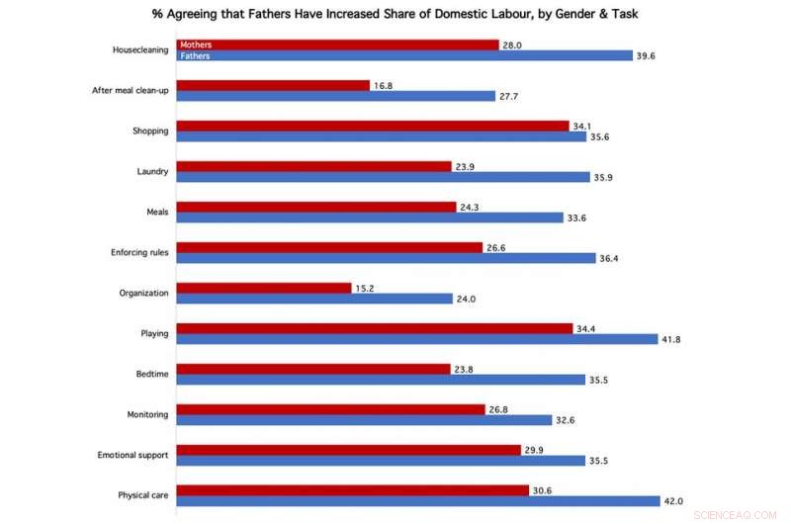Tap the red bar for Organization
point(264,288)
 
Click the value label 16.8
point(384,85)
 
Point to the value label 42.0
point(672,501)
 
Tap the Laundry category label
point(151,172)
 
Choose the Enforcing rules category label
point(138,253)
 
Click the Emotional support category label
point(132,455)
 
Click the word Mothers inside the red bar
point(196,44)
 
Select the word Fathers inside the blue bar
point(195,56)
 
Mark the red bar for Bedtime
point(313,369)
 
